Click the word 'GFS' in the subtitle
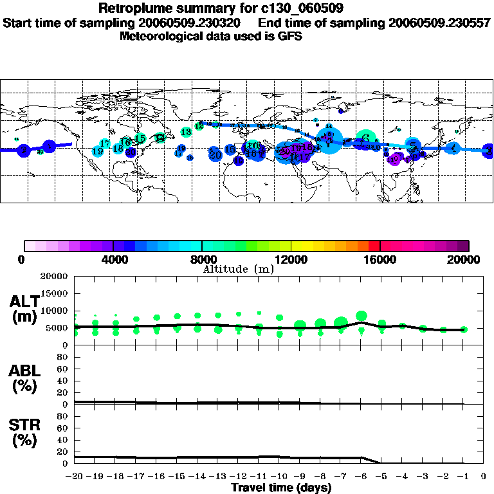click(289, 36)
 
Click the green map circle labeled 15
click(140, 138)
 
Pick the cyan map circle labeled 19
click(98, 151)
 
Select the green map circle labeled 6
click(364, 138)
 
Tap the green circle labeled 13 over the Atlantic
click(186, 132)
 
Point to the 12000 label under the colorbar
click(291, 259)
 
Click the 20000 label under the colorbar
click(468, 259)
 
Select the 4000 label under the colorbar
click(113, 259)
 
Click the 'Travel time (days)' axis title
click(282, 488)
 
